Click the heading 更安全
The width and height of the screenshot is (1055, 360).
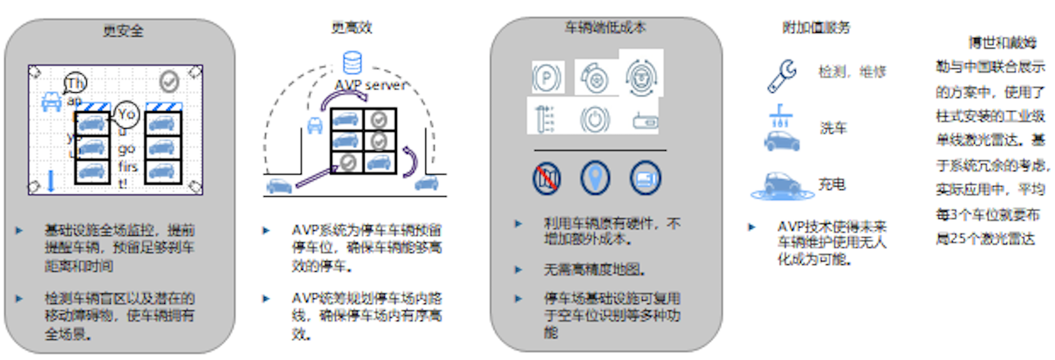tap(123, 31)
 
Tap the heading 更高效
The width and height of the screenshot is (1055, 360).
tap(352, 28)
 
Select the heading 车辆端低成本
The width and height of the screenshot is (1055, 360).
tap(605, 28)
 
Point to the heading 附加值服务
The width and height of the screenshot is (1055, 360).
tap(815, 28)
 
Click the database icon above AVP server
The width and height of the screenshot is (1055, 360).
tap(352, 63)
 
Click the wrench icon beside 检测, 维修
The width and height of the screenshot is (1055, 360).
tap(782, 75)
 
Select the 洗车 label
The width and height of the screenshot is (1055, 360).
tap(833, 128)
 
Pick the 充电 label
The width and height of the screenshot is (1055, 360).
tap(832, 185)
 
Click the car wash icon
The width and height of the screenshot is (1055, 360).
tap(781, 128)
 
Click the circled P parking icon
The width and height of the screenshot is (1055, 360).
tap(547, 78)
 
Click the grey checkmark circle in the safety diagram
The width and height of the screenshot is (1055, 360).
tap(169, 81)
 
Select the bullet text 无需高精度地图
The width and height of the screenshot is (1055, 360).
tap(594, 270)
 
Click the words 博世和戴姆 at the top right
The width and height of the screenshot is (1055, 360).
tap(1002, 43)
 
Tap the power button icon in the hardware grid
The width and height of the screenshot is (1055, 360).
tap(595, 119)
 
